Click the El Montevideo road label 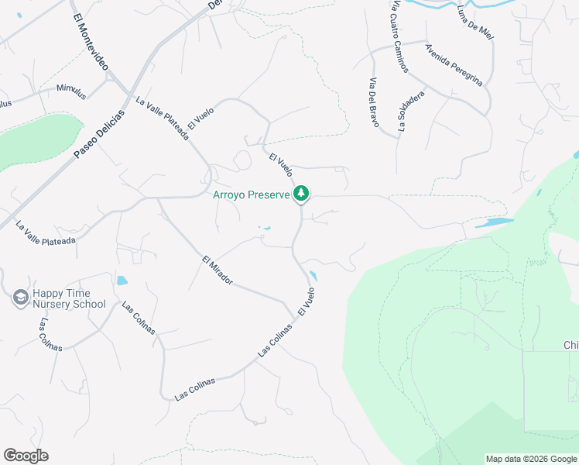(91, 43)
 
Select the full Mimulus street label (71, 91)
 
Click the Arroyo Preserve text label (252, 195)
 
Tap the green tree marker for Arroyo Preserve (302, 194)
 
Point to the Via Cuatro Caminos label (399, 36)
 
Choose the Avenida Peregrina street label (454, 64)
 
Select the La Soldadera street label (411, 112)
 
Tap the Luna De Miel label (475, 22)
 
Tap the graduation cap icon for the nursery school (20, 298)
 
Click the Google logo (26, 456)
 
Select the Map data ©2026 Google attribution (530, 459)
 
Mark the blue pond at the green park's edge (494, 223)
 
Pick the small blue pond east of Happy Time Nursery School (122, 281)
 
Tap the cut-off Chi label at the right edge (570, 345)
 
